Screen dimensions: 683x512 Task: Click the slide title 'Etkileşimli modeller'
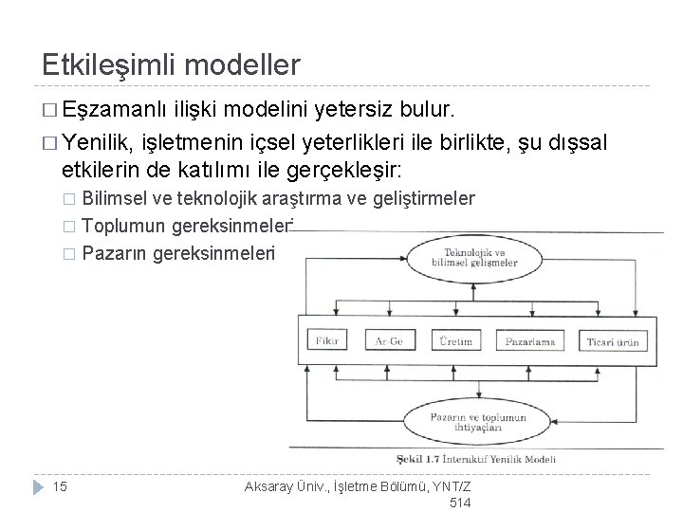tap(172, 64)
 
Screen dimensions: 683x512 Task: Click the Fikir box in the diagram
tap(328, 338)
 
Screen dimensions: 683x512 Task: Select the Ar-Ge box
tap(390, 338)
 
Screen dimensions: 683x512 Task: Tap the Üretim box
tap(454, 338)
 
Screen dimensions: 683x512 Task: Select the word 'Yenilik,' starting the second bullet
tap(99, 143)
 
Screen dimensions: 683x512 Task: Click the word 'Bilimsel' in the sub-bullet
tap(114, 198)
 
